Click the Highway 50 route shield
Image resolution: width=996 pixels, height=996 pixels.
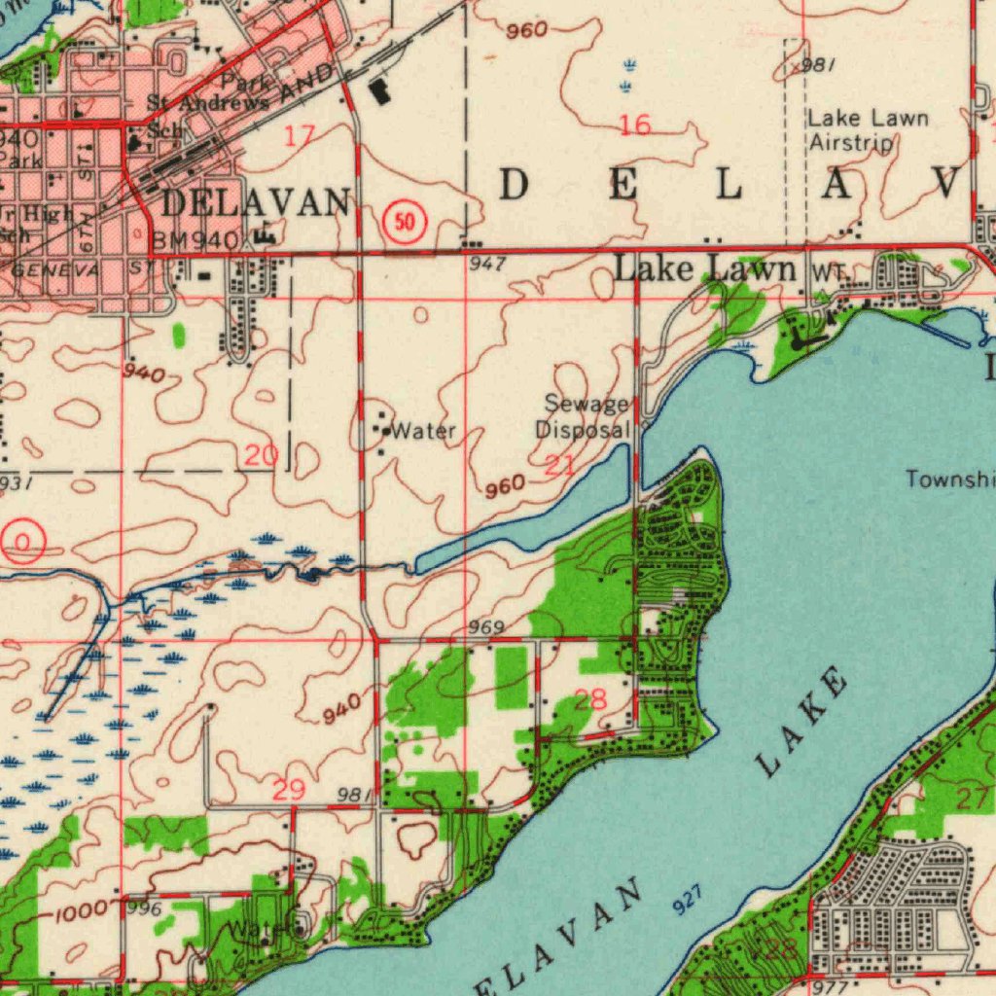tap(406, 223)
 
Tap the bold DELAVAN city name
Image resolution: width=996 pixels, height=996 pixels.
tap(255, 202)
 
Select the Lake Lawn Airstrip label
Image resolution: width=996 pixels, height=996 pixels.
tap(868, 130)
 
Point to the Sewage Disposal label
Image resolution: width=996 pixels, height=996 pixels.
tap(586, 416)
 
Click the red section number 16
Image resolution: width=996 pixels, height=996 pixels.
tap(635, 124)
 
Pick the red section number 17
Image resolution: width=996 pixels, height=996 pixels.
tap(300, 135)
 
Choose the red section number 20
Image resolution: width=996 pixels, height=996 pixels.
tap(261, 454)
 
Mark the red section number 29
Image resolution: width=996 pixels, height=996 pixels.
tap(288, 790)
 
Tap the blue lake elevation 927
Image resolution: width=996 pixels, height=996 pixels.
tap(687, 904)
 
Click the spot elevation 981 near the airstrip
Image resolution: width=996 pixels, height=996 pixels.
tap(819, 65)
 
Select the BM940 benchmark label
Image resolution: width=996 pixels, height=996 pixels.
tap(195, 240)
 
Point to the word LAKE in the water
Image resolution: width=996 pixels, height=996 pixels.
tap(801, 722)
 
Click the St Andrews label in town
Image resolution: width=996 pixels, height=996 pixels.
tap(208, 103)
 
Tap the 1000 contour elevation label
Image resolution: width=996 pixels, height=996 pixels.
tap(79, 913)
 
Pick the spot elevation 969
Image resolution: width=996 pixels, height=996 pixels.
tap(485, 627)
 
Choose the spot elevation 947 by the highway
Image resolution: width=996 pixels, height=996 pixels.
tap(485, 263)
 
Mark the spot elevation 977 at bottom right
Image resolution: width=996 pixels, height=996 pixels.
tap(833, 984)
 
